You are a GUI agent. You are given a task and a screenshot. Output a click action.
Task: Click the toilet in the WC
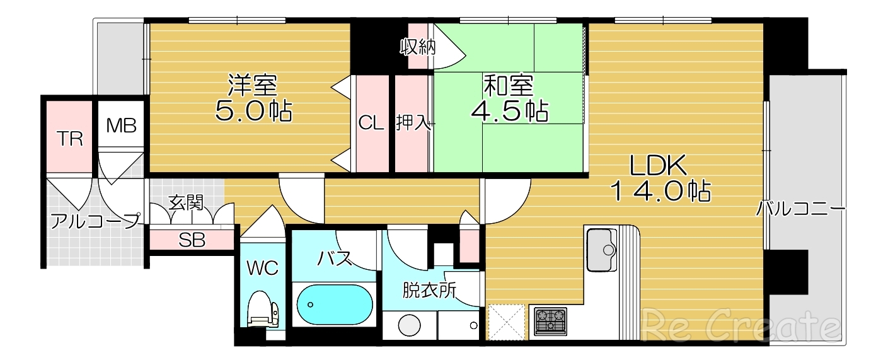coord(262,310)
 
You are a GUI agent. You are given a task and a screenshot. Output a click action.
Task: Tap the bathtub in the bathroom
coord(335,305)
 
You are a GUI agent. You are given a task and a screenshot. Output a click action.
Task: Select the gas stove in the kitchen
coord(550,321)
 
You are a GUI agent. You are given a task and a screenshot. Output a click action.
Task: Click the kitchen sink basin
coord(602,250)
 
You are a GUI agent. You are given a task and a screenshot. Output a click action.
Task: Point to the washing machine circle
coord(409,325)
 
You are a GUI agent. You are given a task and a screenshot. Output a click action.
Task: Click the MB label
coord(121,125)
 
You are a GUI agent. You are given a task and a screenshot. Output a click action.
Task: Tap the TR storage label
coord(70,139)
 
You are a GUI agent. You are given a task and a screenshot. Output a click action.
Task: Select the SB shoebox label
coord(192,240)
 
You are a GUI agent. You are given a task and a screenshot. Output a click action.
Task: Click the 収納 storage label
coord(417,47)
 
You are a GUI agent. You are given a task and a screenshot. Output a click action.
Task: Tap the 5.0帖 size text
coord(253,110)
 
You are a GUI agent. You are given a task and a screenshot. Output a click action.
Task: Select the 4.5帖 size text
coord(509,110)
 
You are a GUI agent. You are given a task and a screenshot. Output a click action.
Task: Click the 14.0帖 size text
coord(660,190)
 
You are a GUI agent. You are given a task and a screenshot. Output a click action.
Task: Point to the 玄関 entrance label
coord(186,202)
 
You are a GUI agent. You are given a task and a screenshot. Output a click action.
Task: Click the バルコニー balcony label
coord(801,209)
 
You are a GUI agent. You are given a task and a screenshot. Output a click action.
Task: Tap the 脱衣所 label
coord(429,291)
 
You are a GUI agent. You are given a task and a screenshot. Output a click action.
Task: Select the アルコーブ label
coord(96,221)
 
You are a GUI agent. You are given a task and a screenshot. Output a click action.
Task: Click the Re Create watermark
coord(741,327)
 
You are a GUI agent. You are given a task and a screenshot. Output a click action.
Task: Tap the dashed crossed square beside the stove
coord(507,322)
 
